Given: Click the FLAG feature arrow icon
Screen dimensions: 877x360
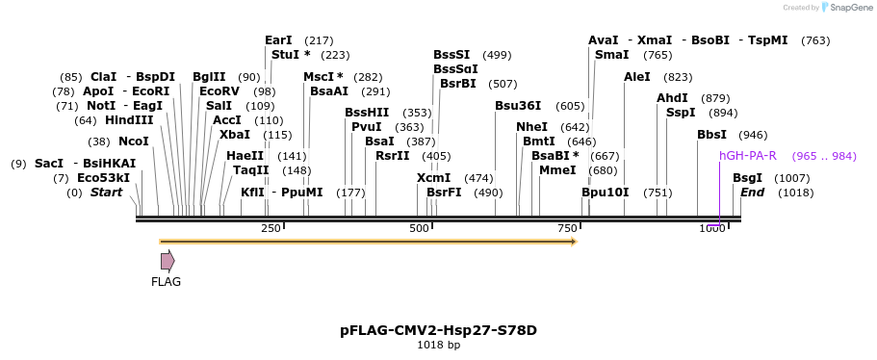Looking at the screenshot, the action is (x=168, y=260).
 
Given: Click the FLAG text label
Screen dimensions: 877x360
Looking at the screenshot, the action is (x=166, y=282).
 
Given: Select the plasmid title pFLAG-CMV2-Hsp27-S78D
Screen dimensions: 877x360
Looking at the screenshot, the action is (x=438, y=330).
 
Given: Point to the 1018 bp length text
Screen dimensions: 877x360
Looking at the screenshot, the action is (x=438, y=345).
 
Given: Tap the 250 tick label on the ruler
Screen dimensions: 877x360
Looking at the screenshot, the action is (x=271, y=228).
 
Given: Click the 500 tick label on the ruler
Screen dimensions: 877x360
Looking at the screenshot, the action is (x=419, y=228).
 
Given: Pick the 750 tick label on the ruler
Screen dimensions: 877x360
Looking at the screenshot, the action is (x=567, y=228).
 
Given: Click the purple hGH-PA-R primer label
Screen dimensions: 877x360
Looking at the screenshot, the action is (x=747, y=156).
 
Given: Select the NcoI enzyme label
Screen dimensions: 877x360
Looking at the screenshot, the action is (x=133, y=141).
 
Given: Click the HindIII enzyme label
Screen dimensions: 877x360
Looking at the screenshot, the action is (x=129, y=120).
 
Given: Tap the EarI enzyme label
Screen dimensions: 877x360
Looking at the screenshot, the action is (x=278, y=40).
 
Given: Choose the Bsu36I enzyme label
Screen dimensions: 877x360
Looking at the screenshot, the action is (x=518, y=106).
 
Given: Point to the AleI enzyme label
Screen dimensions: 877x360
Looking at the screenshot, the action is (x=637, y=77).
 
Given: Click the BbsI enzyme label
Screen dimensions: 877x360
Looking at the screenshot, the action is (x=712, y=135).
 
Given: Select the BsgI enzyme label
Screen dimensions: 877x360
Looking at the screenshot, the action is (x=747, y=178).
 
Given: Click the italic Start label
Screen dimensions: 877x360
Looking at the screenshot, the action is (x=106, y=193).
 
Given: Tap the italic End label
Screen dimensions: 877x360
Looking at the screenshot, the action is (x=752, y=193).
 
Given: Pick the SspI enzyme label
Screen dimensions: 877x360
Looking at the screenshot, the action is (x=681, y=113).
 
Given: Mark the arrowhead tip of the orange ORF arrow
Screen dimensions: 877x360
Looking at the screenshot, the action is (x=576, y=241).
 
